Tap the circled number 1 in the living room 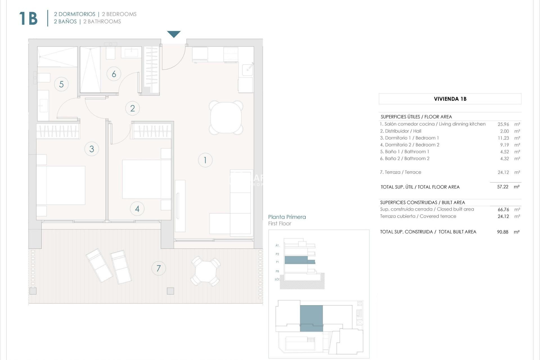[205, 160]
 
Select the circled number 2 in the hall [132, 108]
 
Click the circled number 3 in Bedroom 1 [92, 149]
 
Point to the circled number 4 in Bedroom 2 [137, 209]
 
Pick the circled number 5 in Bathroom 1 [61, 84]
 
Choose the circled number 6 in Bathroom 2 [114, 74]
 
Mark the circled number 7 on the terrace [159, 268]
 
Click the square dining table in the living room [226, 118]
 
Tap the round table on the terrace [206, 271]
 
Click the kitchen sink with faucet [247, 69]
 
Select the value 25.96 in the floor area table [503, 124]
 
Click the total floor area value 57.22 [503, 187]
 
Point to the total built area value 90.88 [503, 232]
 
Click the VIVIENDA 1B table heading [450, 99]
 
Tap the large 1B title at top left [28, 19]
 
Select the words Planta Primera [287, 217]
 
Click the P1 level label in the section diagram [277, 262]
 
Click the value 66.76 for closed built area [503, 210]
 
